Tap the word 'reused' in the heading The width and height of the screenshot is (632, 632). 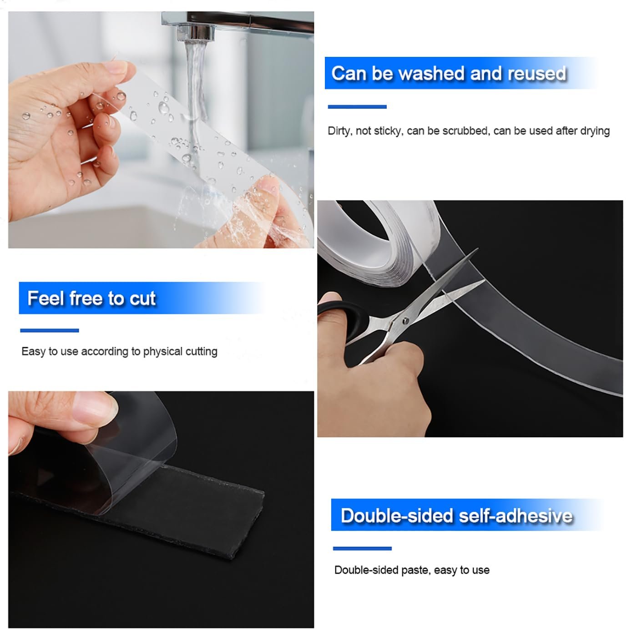[x=536, y=74]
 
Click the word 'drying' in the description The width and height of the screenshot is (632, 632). [x=594, y=131]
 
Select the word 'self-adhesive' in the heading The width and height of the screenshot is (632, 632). [x=515, y=516]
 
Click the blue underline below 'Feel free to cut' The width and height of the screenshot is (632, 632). [x=49, y=330]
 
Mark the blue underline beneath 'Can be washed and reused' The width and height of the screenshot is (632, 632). [x=357, y=107]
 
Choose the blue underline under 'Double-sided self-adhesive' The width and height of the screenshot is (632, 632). [x=362, y=549]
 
